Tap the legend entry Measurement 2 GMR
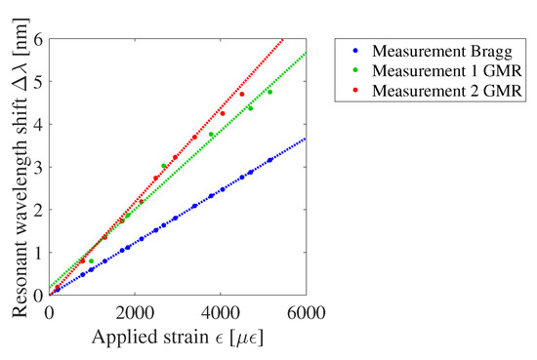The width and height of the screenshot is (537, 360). tap(427, 92)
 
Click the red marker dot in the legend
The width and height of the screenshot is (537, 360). tap(352, 92)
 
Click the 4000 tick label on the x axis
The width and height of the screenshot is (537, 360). tap(221, 314)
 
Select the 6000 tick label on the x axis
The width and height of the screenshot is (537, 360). tap(306, 314)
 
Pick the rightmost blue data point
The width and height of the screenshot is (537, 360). tap(270, 160)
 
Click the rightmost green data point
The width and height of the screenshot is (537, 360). tap(269, 92)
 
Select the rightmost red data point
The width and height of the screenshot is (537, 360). tap(242, 94)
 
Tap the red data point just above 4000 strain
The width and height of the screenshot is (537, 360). tap(223, 113)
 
